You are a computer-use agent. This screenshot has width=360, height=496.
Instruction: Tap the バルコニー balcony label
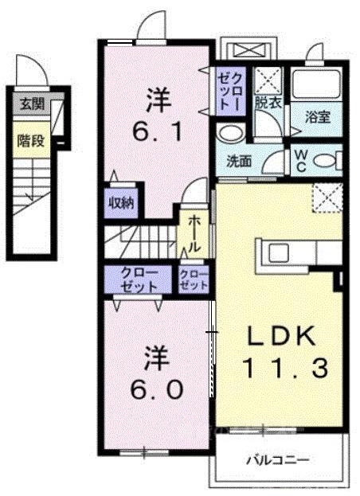click(277, 459)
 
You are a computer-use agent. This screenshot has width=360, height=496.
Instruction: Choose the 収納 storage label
click(121, 202)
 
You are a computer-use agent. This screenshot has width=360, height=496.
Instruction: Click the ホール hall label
click(194, 232)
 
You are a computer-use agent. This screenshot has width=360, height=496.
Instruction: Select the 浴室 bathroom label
click(317, 116)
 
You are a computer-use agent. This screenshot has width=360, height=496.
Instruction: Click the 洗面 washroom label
click(240, 160)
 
